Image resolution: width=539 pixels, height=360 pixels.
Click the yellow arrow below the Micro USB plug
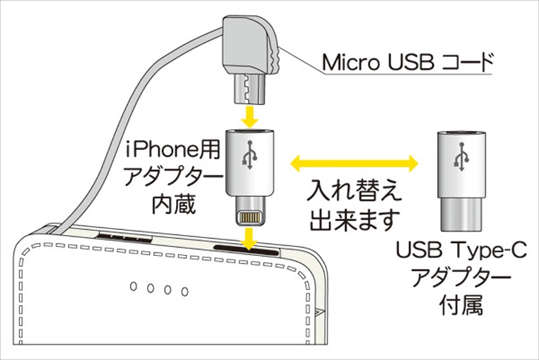[249, 117]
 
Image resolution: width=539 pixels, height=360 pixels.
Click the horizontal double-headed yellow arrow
[354, 163]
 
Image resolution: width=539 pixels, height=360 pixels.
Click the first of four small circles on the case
[135, 287]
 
